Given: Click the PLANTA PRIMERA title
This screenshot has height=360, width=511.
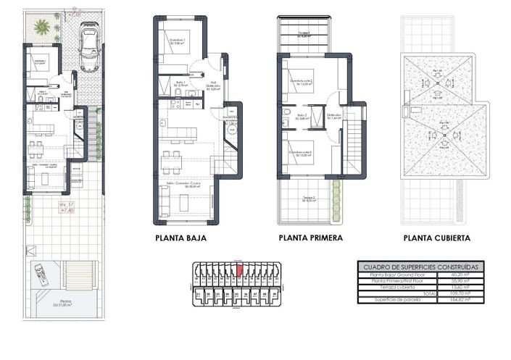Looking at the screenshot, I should tap(311, 238).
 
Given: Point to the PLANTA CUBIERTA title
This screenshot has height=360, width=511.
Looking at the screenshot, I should tap(437, 238).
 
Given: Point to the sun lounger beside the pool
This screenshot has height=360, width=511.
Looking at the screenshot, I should tap(40, 275).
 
